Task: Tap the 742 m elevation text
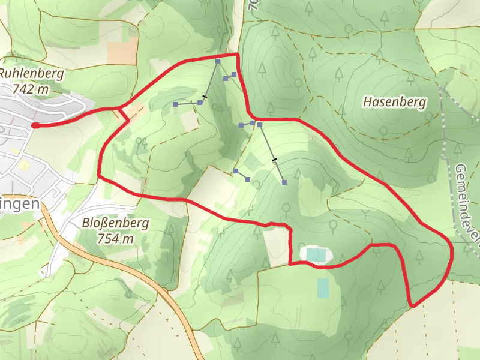point(29,89)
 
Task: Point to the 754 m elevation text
point(115,238)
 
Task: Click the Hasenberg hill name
point(394,102)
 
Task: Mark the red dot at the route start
point(35,125)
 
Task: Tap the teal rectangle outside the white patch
point(323,288)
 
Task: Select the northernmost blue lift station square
point(218,61)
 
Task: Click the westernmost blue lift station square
point(175,104)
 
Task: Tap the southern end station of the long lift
point(284,182)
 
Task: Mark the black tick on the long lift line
point(274,160)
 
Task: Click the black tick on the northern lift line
point(205,97)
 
